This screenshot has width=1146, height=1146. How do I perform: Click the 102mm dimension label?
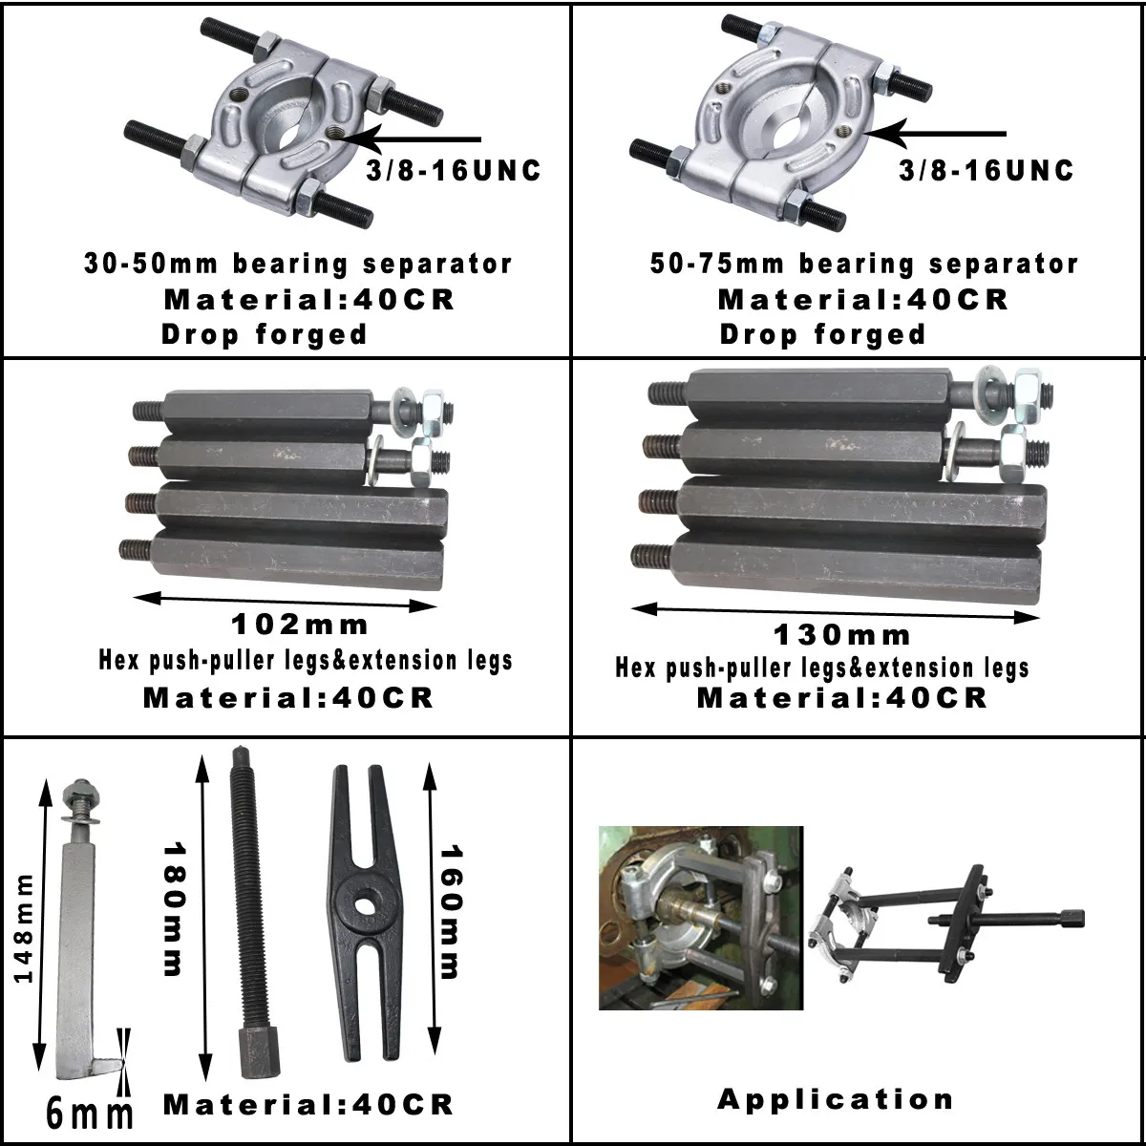coord(300,626)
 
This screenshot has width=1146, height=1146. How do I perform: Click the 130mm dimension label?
coord(841,634)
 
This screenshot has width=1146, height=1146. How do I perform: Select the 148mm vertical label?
coord(23,928)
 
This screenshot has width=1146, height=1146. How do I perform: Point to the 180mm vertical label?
coord(173,908)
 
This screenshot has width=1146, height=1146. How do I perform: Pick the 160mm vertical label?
coord(449,912)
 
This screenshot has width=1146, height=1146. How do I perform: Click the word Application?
coord(836,1099)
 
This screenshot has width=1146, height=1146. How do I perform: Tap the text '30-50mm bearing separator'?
coord(298,264)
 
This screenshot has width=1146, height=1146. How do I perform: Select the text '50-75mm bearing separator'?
coord(864,264)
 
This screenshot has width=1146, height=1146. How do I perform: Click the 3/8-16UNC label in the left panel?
coord(454,171)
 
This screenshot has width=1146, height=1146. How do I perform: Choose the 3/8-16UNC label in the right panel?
coord(987,171)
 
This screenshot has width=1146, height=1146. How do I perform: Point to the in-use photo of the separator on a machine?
coord(700,918)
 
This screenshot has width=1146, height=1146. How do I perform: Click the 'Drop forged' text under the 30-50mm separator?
coord(265,334)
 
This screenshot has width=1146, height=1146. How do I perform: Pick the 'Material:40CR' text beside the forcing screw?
coord(308,1105)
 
